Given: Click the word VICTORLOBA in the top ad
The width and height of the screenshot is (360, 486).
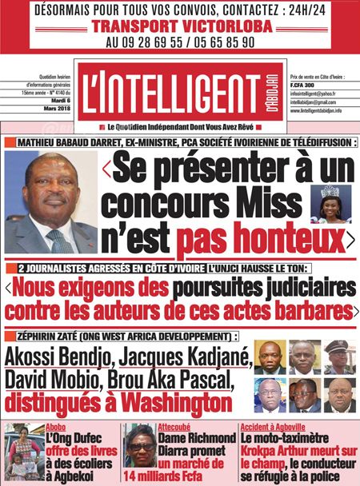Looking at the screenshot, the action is pyautogui.click(x=220, y=25).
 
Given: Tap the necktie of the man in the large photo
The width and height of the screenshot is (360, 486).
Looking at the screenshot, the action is pyautogui.click(x=61, y=241).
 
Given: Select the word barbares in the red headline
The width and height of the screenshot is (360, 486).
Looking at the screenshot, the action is pyautogui.click(x=311, y=308).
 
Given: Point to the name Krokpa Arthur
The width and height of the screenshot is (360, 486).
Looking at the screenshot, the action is pyautogui.click(x=277, y=450).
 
